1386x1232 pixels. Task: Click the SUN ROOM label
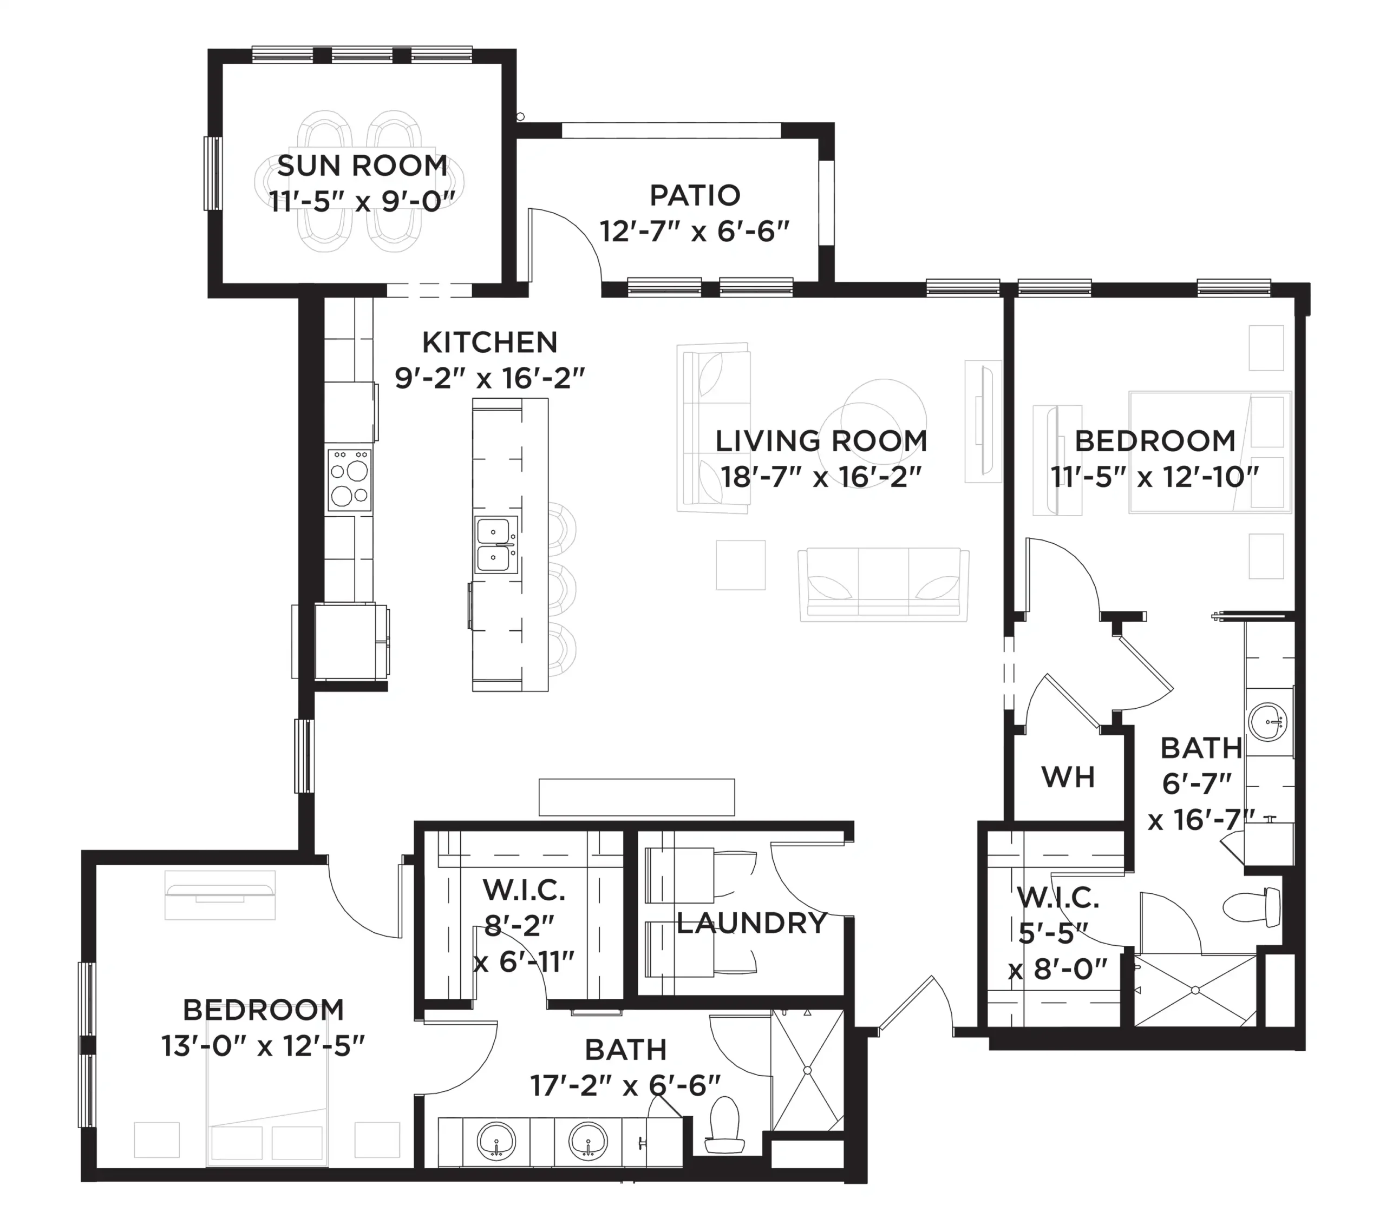(362, 166)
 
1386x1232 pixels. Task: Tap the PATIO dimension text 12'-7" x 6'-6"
(695, 232)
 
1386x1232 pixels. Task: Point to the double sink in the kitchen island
(496, 545)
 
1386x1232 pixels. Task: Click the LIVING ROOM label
(821, 441)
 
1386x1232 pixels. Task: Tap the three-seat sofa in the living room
(884, 585)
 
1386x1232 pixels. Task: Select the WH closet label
(1068, 778)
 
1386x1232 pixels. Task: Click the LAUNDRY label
(751, 923)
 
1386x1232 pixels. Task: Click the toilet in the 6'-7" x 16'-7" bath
(1252, 907)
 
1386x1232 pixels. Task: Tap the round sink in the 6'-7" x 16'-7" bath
(1267, 722)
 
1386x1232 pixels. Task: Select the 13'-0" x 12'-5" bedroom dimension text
(263, 1047)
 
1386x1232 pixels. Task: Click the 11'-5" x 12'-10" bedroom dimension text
(1155, 477)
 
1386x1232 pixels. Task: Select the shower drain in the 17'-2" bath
(807, 1071)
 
